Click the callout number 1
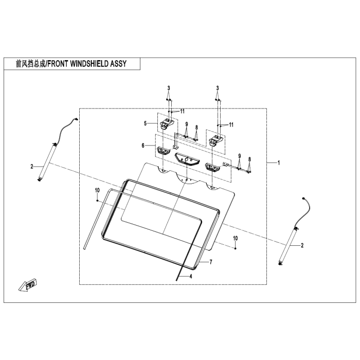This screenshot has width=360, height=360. tap(278, 163)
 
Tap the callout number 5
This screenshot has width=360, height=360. tap(146, 123)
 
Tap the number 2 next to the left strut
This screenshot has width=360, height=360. tap(31, 166)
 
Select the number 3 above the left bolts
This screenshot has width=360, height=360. tap(168, 88)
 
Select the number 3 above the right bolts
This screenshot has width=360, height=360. tap(218, 88)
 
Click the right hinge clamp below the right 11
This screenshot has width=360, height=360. tap(217, 140)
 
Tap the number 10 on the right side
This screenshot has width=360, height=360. tap(235, 238)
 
